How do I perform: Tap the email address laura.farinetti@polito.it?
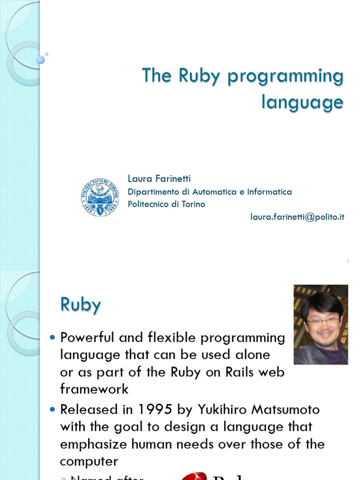coord(298,217)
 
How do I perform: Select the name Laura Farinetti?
coord(159,179)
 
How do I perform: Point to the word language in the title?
coord(302,102)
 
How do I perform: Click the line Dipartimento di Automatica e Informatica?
coord(210,192)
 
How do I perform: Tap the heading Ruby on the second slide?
coord(81,305)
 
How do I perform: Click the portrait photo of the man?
coord(321,324)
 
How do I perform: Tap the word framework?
coord(94,389)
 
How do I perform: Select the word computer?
coord(89,462)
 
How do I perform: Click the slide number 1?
coord(348,262)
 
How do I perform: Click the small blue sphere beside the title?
coord(40,60)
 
